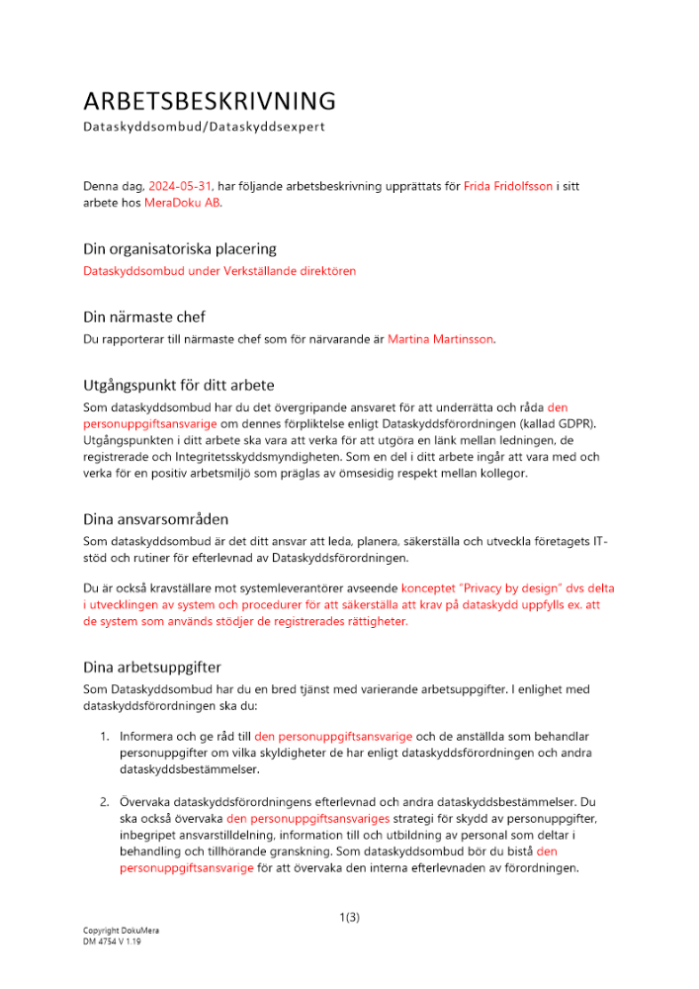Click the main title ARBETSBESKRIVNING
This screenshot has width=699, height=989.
tap(209, 101)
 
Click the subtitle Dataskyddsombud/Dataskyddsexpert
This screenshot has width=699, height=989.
tap(204, 128)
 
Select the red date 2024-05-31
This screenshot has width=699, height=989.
tap(180, 185)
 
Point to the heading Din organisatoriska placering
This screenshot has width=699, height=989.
tap(179, 248)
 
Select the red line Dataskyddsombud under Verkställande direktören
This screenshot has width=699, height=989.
tap(218, 270)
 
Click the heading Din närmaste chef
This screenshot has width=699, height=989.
tap(143, 316)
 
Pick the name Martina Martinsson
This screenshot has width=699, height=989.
tap(440, 339)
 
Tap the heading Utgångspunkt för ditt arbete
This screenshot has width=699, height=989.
tap(179, 385)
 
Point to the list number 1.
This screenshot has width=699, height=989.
tap(104, 736)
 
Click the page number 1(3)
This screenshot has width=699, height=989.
tap(349, 918)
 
